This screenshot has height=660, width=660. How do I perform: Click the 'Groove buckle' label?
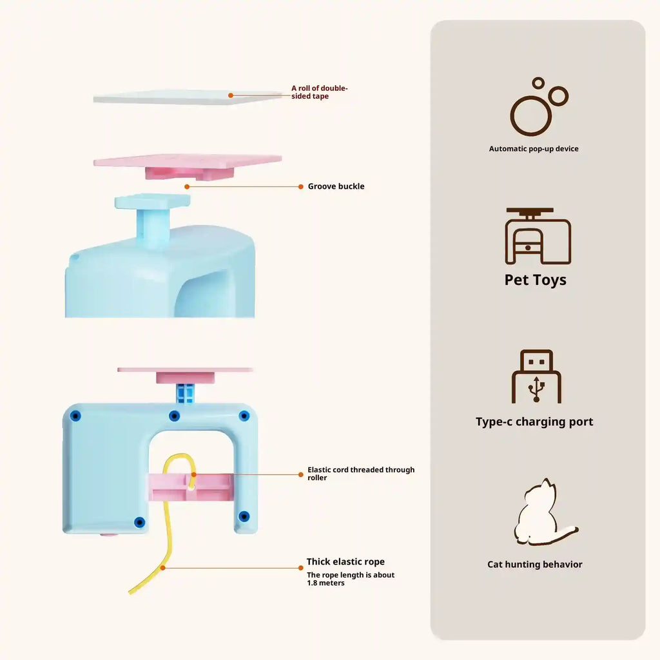point(336,186)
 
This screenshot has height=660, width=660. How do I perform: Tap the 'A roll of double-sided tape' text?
point(320,92)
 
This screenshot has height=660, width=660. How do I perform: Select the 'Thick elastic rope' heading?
point(345,562)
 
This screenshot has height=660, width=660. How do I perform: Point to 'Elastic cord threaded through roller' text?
point(361,474)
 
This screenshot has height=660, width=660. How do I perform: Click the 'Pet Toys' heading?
point(536,280)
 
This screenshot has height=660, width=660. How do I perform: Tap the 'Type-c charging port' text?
point(534,422)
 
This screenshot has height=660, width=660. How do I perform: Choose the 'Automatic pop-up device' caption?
point(534,149)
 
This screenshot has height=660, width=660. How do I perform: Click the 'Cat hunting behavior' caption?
point(534,565)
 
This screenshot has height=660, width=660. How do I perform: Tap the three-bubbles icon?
point(538,107)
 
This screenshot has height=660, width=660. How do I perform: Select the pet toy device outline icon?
point(538,236)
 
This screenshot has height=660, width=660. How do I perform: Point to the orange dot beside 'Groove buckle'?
point(301,186)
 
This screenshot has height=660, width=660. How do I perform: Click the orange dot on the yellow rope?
point(164,567)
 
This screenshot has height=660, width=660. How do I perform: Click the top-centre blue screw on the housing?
point(174,416)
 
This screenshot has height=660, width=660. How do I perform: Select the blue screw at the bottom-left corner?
point(139,521)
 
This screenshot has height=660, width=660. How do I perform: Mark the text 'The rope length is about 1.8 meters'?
point(351,579)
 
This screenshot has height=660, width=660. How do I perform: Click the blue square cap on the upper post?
point(152,202)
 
